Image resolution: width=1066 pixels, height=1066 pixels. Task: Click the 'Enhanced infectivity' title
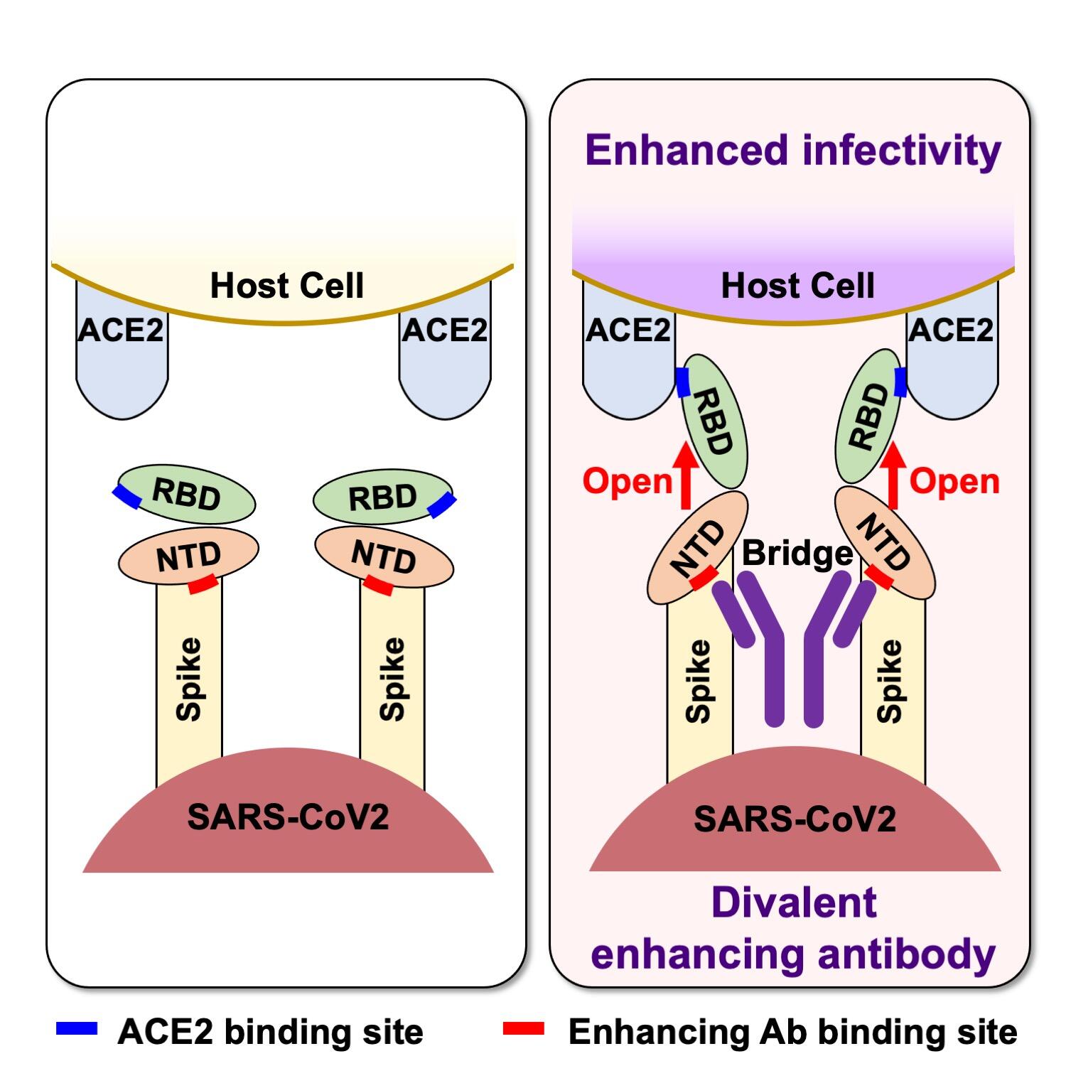(x=792, y=151)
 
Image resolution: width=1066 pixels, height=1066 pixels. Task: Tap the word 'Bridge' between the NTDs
(x=797, y=553)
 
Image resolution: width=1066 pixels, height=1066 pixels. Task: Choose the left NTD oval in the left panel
(x=188, y=556)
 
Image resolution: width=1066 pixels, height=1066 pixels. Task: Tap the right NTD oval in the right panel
(x=884, y=544)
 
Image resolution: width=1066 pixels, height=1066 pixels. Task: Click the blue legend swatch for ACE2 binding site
(x=77, y=1028)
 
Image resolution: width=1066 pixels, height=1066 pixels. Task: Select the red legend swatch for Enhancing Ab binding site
(x=523, y=1028)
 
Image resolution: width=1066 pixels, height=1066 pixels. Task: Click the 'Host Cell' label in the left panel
(x=286, y=286)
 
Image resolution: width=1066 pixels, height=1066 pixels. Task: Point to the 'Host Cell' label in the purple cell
(x=797, y=286)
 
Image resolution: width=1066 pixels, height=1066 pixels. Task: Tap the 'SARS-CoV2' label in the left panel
(x=288, y=817)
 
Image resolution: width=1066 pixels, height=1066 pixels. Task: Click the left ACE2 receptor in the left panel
(x=122, y=355)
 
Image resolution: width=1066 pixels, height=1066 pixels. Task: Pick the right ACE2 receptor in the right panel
(x=952, y=355)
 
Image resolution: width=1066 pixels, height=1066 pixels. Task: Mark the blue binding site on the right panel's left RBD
(x=684, y=382)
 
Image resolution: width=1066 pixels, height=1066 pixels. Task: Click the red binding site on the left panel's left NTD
(x=203, y=585)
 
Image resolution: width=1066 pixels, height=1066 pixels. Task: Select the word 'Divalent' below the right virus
(x=794, y=903)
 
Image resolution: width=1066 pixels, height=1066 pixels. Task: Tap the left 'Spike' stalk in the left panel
(x=189, y=679)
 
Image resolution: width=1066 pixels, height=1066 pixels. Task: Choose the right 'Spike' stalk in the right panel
(x=892, y=682)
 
